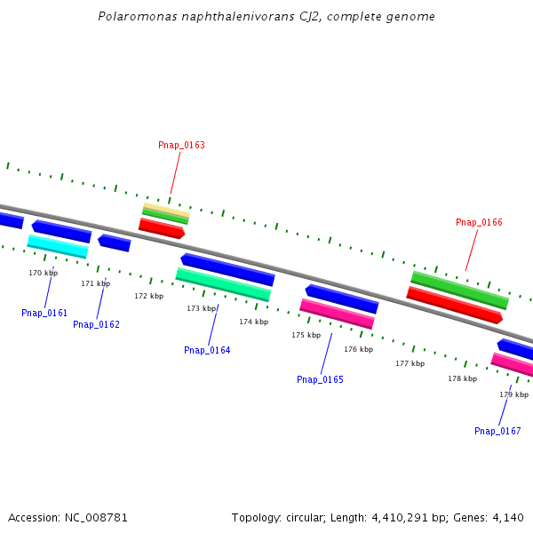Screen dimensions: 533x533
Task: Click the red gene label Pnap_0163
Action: coord(181,145)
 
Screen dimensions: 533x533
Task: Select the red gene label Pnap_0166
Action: coord(479,222)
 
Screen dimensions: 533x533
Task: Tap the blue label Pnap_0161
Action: coord(44,313)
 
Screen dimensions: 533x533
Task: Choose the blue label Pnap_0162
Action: coord(96,324)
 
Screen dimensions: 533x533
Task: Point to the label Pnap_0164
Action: coord(207,350)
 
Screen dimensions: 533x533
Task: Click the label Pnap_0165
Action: coord(320,379)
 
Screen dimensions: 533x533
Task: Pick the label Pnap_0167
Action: coord(497,431)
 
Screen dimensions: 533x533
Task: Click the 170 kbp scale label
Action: coord(43,273)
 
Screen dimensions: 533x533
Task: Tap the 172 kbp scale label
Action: coord(148,296)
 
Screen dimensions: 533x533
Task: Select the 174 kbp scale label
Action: coord(253,322)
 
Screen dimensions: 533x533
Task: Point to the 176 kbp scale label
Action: coord(358,349)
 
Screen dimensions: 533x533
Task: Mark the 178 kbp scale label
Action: coord(462,378)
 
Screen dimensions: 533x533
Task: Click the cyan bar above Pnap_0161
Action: coord(58,246)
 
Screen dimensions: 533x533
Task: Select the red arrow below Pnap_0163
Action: coord(162,228)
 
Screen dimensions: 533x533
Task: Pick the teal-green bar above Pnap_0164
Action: coord(223,284)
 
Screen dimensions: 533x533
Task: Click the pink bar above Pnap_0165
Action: coord(337,314)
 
